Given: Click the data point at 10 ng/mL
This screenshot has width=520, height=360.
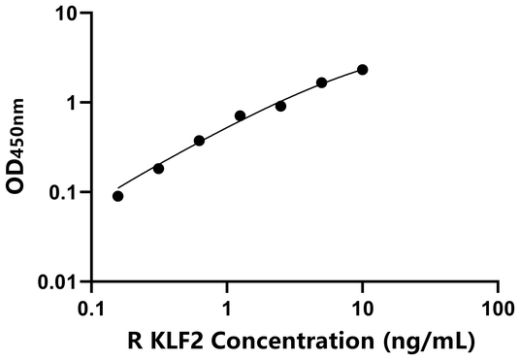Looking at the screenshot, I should (x=363, y=70).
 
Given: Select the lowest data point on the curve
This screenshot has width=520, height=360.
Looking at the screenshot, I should (x=118, y=196).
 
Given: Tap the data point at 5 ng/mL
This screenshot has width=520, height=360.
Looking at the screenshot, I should (x=322, y=82).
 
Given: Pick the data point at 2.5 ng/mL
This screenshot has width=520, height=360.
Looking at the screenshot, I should (x=281, y=106).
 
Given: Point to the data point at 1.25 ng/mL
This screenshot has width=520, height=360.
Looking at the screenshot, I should (x=241, y=115).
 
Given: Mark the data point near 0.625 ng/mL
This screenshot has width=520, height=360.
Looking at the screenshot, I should (x=199, y=141).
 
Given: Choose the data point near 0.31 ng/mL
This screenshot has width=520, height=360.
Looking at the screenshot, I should (x=159, y=168).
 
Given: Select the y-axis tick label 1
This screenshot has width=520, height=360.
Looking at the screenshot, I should (x=76, y=103).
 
